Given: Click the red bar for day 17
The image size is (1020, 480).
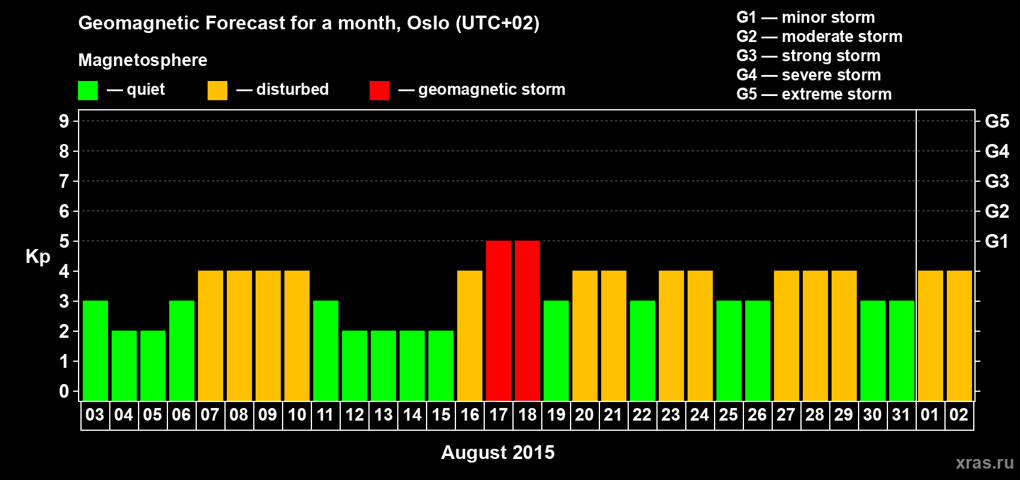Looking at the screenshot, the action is tap(499, 320).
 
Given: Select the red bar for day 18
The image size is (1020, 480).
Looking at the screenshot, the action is tap(527, 320).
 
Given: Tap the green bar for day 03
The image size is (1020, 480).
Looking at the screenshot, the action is tap(95, 350).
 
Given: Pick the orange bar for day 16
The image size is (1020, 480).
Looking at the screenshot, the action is tap(470, 335).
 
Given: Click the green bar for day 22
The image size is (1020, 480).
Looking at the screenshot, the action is tap(643, 350).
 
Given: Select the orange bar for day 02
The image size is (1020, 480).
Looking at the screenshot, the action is tap(959, 335).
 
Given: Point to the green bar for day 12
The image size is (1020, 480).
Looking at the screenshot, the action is tap(355, 365).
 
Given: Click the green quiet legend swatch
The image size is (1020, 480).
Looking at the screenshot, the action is tap(88, 90).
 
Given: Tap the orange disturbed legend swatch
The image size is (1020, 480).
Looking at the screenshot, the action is tap(217, 90).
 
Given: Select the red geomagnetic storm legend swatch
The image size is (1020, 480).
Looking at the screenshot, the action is tap(379, 90).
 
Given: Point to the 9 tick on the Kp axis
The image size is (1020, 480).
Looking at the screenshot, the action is tap(64, 121).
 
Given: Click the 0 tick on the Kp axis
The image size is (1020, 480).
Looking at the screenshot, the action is tap(64, 391).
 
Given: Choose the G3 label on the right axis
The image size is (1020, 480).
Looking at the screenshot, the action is tap(997, 181).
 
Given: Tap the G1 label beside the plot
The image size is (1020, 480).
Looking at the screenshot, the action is tap(997, 241).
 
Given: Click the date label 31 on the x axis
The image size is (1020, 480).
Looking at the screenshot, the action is tap(901, 415).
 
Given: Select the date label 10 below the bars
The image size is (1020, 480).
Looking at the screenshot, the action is tap(297, 415).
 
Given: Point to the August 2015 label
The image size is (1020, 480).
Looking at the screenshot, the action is tap(498, 452).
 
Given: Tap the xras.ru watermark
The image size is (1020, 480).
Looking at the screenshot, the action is tap(985, 463).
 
